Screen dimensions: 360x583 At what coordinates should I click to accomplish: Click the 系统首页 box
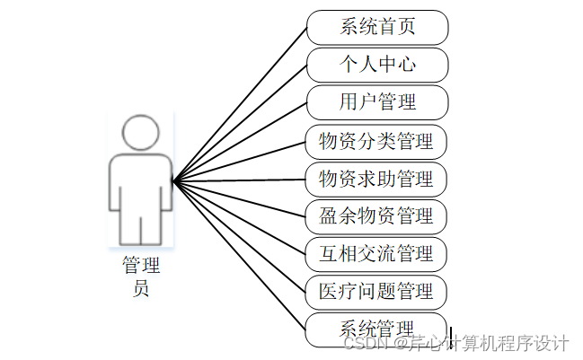pyautogui.click(x=377, y=27)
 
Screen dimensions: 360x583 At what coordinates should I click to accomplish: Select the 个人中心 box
pyautogui.click(x=377, y=65)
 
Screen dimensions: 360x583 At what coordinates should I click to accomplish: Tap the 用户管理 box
pyautogui.click(x=377, y=102)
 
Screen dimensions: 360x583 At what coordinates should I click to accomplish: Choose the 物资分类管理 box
pyautogui.click(x=376, y=141)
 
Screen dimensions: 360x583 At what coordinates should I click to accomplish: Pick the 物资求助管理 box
pyautogui.click(x=376, y=179)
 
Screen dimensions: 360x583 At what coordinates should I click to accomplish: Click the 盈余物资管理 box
pyautogui.click(x=376, y=216)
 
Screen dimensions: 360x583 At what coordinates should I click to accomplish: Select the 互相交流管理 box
pyautogui.click(x=376, y=254)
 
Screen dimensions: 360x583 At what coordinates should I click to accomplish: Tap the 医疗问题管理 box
pyautogui.click(x=376, y=292)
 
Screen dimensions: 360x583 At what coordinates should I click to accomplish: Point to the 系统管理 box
pyautogui.click(x=376, y=329)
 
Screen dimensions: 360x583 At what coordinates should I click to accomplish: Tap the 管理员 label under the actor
pyautogui.click(x=140, y=277)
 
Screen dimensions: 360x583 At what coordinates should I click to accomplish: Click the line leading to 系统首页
pyautogui.click(x=241, y=103)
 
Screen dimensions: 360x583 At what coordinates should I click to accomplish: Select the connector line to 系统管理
pyautogui.click(x=241, y=254)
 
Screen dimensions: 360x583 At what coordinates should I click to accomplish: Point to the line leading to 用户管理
pyautogui.click(x=241, y=141)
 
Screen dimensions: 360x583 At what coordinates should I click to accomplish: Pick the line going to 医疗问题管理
pyautogui.click(x=241, y=235)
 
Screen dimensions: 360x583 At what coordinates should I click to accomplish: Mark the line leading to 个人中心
pyautogui.click(x=241, y=122)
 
